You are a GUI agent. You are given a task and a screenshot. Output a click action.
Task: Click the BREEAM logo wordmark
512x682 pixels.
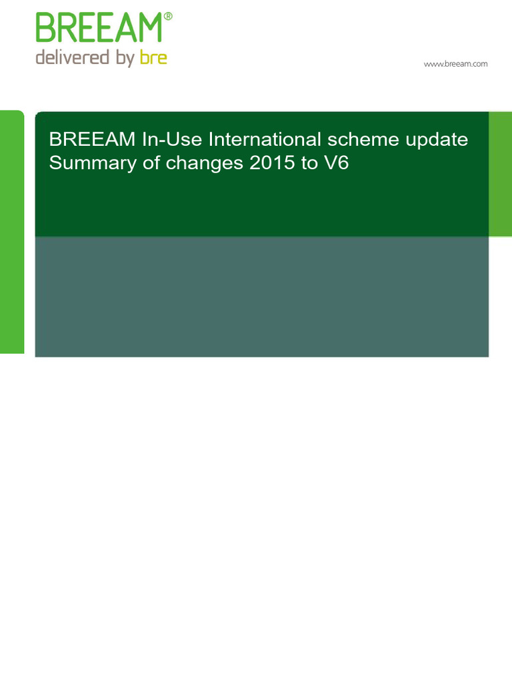99,29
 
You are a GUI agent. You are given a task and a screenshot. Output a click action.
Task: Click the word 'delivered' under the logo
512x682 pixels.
72,58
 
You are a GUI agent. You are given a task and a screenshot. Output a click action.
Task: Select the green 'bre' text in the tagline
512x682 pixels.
153,58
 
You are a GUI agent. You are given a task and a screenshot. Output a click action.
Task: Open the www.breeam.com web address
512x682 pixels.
456,64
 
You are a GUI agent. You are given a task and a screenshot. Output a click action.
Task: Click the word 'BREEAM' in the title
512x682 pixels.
92,141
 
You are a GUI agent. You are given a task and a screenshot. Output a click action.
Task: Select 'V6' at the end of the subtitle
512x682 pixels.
336,163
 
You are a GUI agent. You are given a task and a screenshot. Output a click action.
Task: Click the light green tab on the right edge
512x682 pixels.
500,174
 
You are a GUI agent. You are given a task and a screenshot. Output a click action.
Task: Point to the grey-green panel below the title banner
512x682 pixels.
261,296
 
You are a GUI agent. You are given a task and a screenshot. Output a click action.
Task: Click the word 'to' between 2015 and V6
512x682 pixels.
309,164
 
